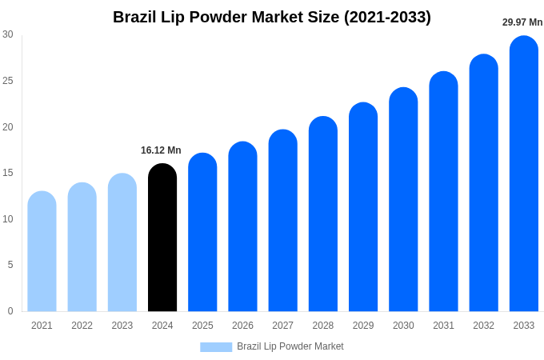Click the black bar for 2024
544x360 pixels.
point(162,238)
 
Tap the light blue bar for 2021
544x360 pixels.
point(42,251)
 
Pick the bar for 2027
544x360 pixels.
point(282,221)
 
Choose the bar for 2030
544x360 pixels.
point(403,199)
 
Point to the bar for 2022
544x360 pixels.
point(82,247)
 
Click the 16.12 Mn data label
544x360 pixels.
point(161,150)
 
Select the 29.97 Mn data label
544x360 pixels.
point(522,22)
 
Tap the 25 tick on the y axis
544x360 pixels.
point(8,80)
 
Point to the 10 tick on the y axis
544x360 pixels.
point(8,218)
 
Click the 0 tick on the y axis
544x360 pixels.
point(10,310)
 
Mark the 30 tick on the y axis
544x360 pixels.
point(8,34)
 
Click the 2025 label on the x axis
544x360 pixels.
point(202,326)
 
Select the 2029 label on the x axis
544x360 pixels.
point(363,326)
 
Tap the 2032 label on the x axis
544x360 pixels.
point(483,326)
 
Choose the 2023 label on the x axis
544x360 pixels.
point(122,326)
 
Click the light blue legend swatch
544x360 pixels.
point(216,347)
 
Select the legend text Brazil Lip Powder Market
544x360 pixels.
point(290,346)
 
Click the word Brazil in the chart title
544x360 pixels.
point(135,17)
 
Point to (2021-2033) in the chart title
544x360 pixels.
point(387,17)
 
